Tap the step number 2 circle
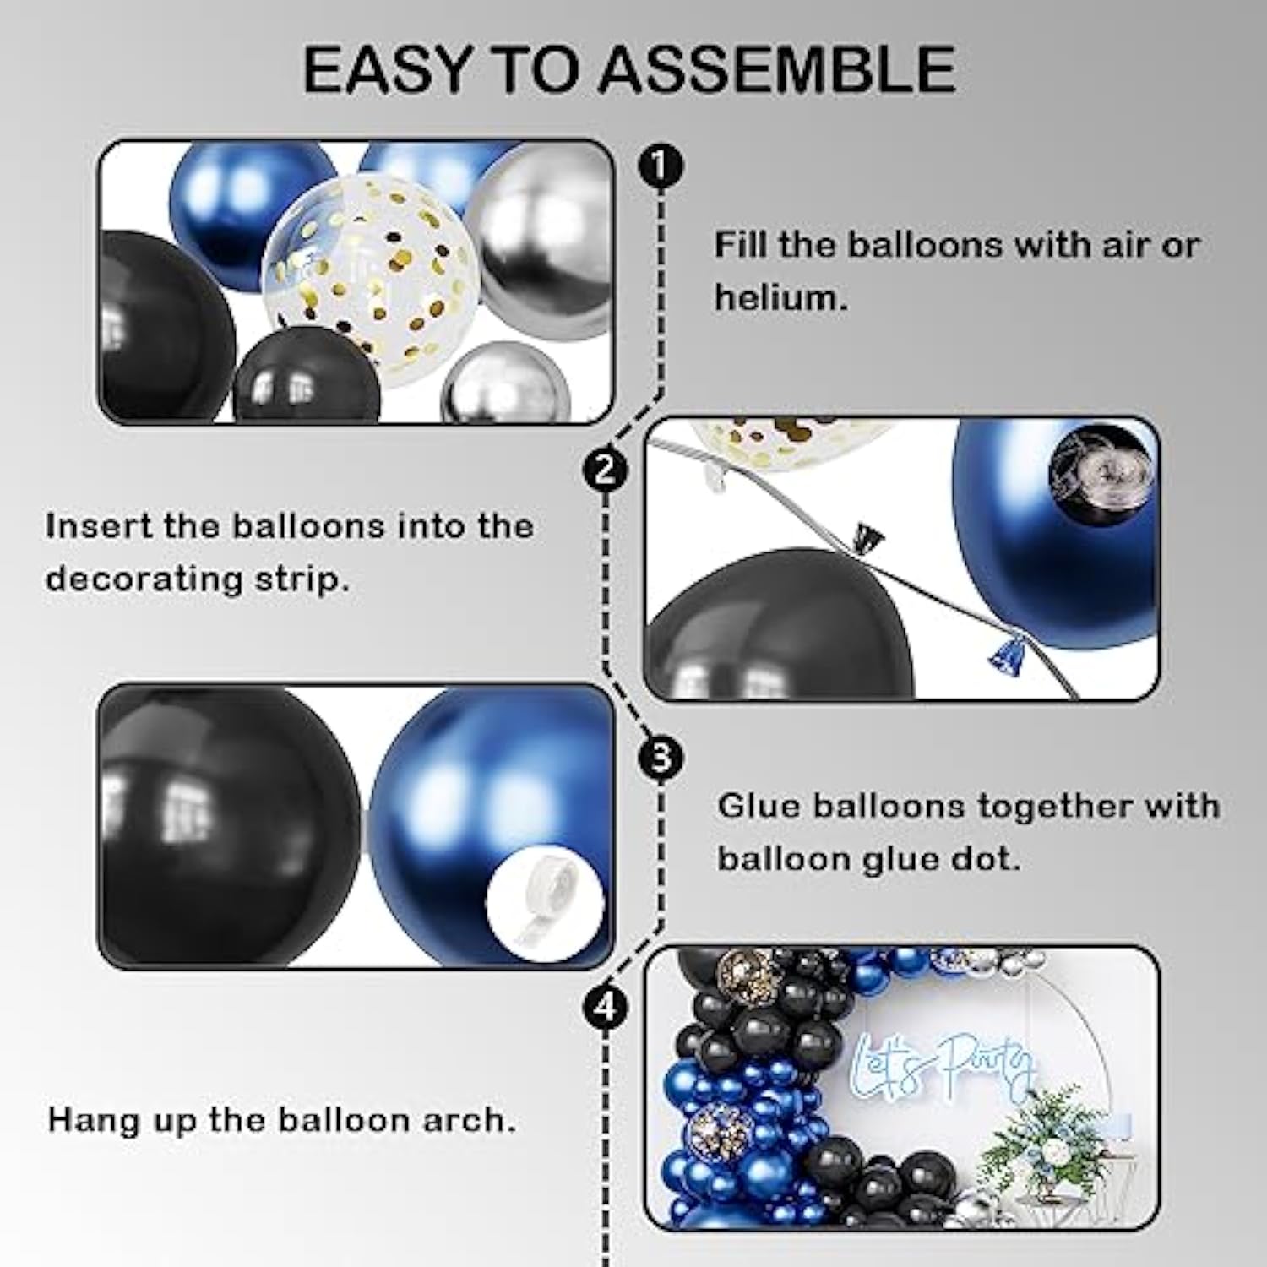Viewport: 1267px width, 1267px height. click(605, 469)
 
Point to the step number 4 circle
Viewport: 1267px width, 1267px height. click(605, 1008)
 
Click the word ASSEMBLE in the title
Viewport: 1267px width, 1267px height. click(777, 69)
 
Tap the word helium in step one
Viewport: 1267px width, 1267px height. click(779, 297)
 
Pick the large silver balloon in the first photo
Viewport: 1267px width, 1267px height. click(541, 245)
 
